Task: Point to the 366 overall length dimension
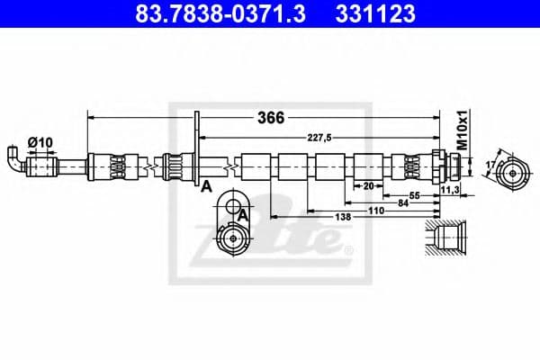(x=271, y=118)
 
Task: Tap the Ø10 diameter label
(x=39, y=141)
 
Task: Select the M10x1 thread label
(x=460, y=130)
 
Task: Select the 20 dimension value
(x=368, y=185)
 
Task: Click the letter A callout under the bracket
(x=206, y=186)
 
